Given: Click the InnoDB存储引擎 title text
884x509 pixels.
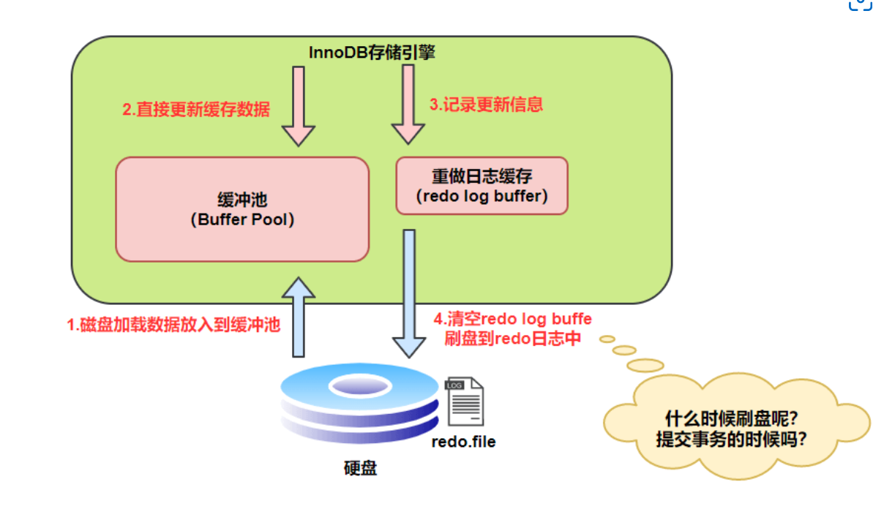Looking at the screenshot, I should pos(372,53).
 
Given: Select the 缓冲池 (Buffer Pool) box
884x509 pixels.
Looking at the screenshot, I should pos(241,209).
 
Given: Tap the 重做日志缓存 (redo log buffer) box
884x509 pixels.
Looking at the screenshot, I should pos(482,186).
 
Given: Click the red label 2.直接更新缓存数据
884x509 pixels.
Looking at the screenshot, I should pos(196,110).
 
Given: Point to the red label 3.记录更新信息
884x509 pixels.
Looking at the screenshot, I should pos(486,104).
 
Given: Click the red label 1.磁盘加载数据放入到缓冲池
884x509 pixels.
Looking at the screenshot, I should pos(174,325).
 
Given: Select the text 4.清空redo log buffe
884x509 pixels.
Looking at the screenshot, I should pos(513,320).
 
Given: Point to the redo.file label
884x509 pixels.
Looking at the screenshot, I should pos(463,442).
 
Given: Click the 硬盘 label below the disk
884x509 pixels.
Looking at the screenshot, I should pos(360,468).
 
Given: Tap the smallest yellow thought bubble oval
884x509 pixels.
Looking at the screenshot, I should pos(607,339).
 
